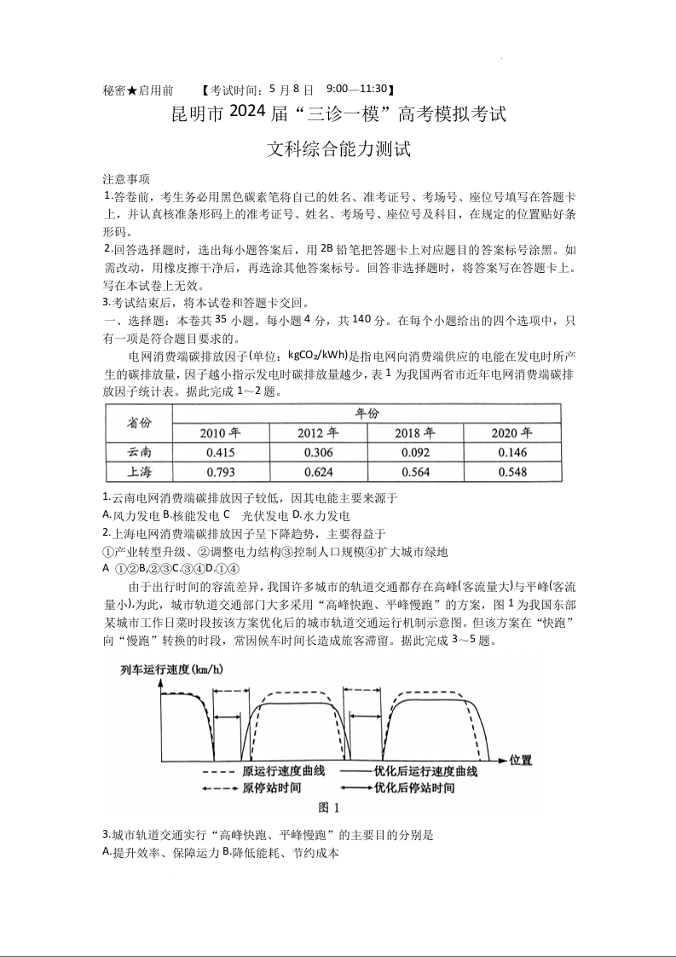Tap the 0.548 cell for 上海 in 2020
[x=511, y=472]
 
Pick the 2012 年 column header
[x=318, y=432]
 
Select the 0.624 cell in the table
[x=318, y=472]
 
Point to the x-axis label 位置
[x=520, y=759]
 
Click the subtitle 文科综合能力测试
[x=338, y=149]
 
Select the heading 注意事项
[x=126, y=179]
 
